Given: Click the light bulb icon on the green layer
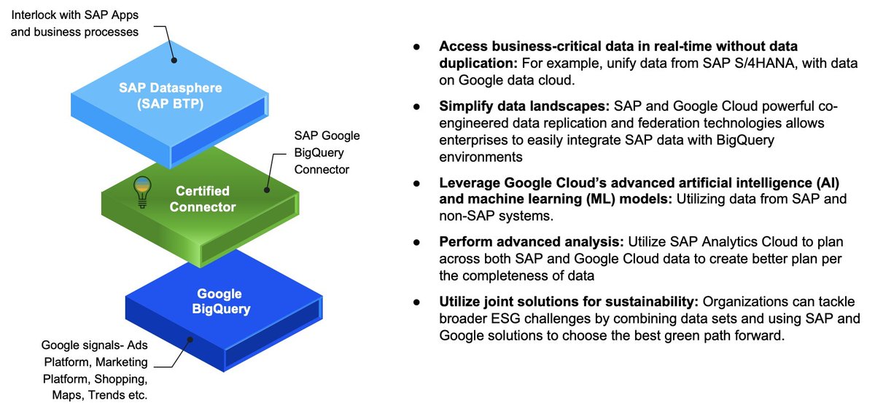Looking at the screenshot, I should click(141, 192).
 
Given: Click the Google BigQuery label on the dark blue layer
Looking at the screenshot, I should click(219, 301).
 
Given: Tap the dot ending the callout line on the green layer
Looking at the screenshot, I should click(267, 189).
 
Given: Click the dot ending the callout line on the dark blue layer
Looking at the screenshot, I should click(191, 338).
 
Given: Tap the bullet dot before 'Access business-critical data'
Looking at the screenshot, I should click(416, 46).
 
